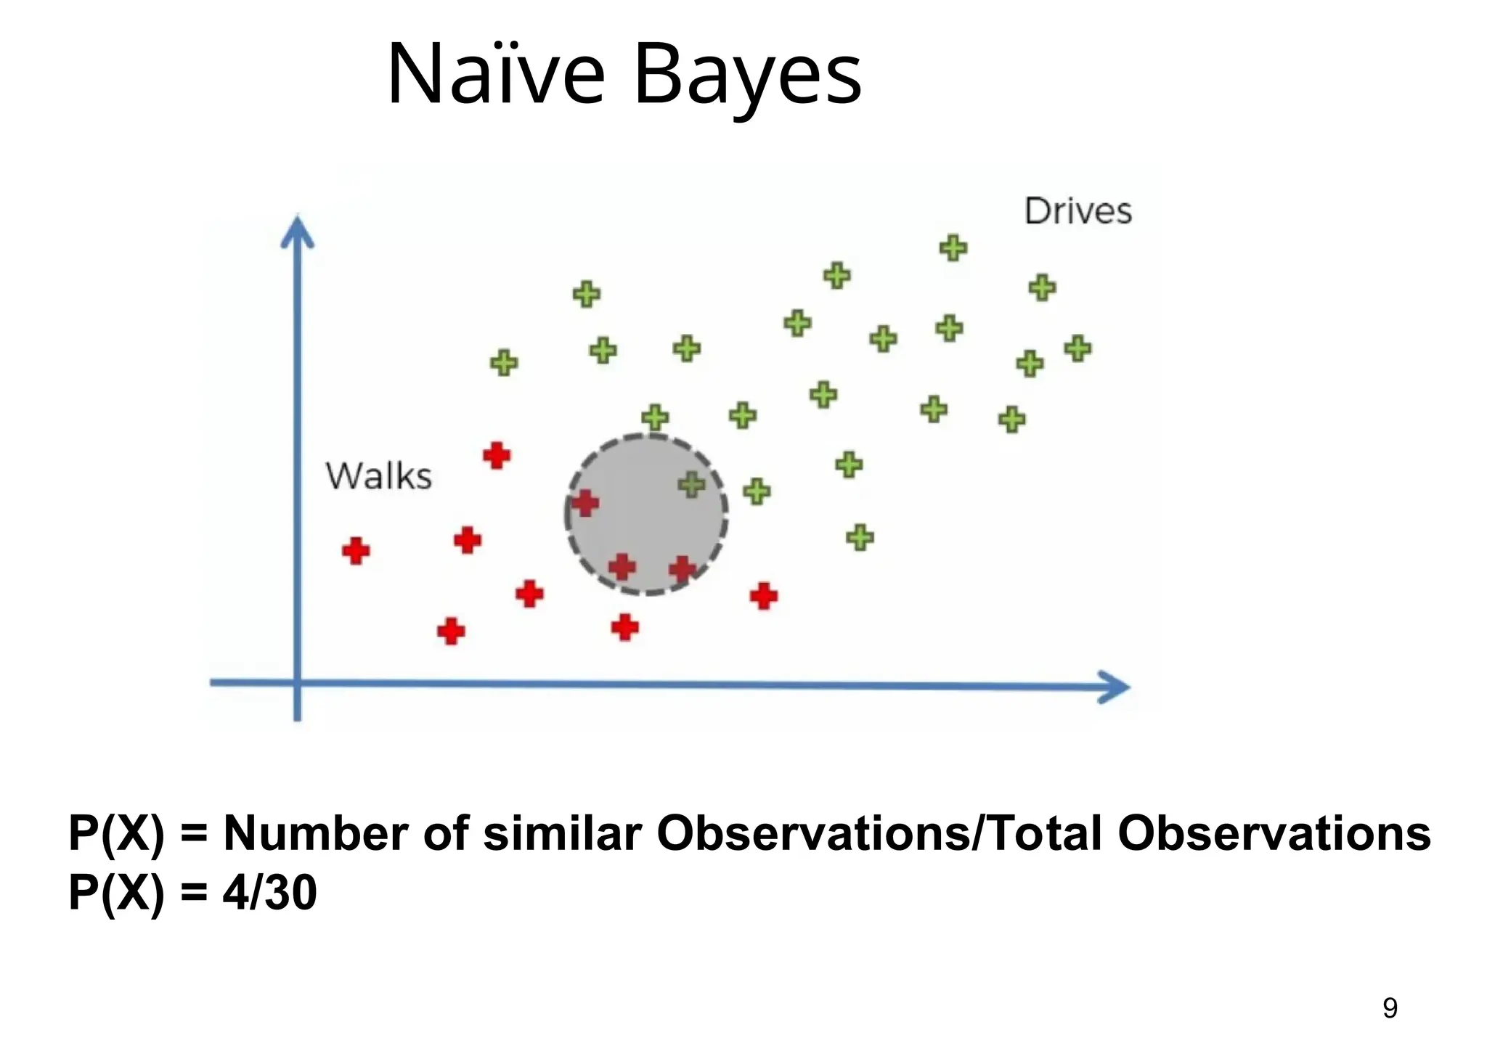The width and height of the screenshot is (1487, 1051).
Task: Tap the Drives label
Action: coord(1077,211)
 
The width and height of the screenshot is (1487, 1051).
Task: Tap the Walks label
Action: coord(378,476)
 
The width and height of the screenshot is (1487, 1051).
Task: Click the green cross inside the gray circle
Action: coord(691,484)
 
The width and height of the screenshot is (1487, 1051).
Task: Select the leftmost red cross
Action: coord(356,551)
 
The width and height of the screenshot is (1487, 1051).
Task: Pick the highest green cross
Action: coord(953,248)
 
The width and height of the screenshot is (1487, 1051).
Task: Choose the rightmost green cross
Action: coord(1078,348)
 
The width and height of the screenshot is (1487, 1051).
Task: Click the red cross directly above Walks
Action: coord(497,456)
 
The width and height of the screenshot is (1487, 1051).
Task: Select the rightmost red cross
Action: coord(764,597)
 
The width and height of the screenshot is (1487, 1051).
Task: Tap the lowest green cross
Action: coord(860,538)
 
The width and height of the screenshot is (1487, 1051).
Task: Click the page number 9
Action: coord(1390,1007)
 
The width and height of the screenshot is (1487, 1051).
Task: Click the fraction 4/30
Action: coord(269,892)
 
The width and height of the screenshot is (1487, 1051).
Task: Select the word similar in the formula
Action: coord(562,833)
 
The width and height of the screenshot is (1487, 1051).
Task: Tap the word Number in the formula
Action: coord(315,833)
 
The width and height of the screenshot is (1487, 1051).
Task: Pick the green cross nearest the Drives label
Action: coord(1042,288)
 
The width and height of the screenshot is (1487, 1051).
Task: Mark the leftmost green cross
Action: coord(504,362)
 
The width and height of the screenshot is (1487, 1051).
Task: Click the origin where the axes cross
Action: coord(298,682)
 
